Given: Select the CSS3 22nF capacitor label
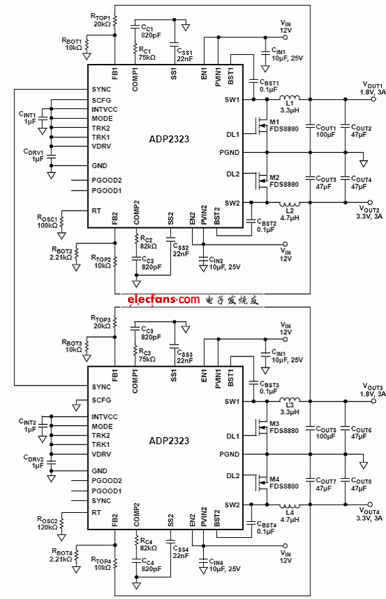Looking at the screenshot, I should [184, 356].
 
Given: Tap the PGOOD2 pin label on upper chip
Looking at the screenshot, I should [106, 180].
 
